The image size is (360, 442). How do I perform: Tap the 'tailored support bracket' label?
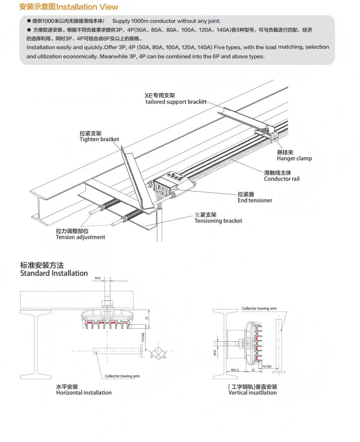tap(176, 102)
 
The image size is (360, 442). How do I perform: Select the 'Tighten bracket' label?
tap(99, 139)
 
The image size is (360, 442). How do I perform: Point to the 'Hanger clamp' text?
tap(294, 158)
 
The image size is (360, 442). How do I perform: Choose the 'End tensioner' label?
tap(255, 200)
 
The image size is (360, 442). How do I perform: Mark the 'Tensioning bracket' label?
tap(218, 221)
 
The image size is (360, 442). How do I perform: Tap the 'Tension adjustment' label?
tap(80, 237)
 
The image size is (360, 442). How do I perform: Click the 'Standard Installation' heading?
tap(54, 273)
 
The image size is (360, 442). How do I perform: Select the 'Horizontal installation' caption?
tap(84, 393)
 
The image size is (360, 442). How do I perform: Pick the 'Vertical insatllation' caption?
tap(252, 393)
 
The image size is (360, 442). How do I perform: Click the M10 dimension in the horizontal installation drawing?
tap(97, 278)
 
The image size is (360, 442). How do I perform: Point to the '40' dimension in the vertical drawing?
tap(232, 370)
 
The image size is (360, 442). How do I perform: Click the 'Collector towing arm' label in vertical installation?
tap(259, 309)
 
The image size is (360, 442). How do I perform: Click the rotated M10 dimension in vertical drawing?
tap(215, 354)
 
